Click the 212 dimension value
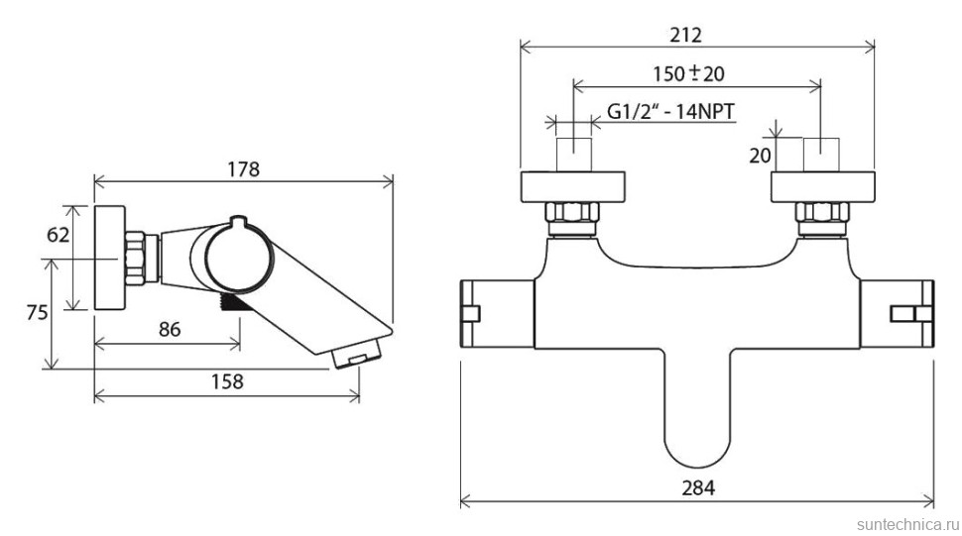pyautogui.click(x=685, y=35)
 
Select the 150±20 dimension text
pyautogui.click(x=688, y=74)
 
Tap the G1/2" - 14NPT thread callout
pyautogui.click(x=670, y=112)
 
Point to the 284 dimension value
pyautogui.click(x=698, y=488)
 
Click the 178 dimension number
pyautogui.click(x=244, y=169)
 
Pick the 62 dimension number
pyautogui.click(x=59, y=234)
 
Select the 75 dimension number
pyautogui.click(x=37, y=312)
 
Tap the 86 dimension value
pyautogui.click(x=170, y=330)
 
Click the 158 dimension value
pyautogui.click(x=227, y=381)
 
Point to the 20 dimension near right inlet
pyautogui.click(x=760, y=156)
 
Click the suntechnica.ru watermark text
pyautogui.click(x=907, y=525)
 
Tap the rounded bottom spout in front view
pyautogui.click(x=697, y=416)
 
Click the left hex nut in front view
pyautogui.click(x=572, y=215)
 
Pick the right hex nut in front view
pyautogui.click(x=823, y=215)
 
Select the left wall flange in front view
pyautogui.click(x=573, y=187)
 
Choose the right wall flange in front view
pyautogui.click(x=823, y=187)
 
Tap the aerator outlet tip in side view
pyautogui.click(x=355, y=356)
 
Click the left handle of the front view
pyautogui.click(x=497, y=314)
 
